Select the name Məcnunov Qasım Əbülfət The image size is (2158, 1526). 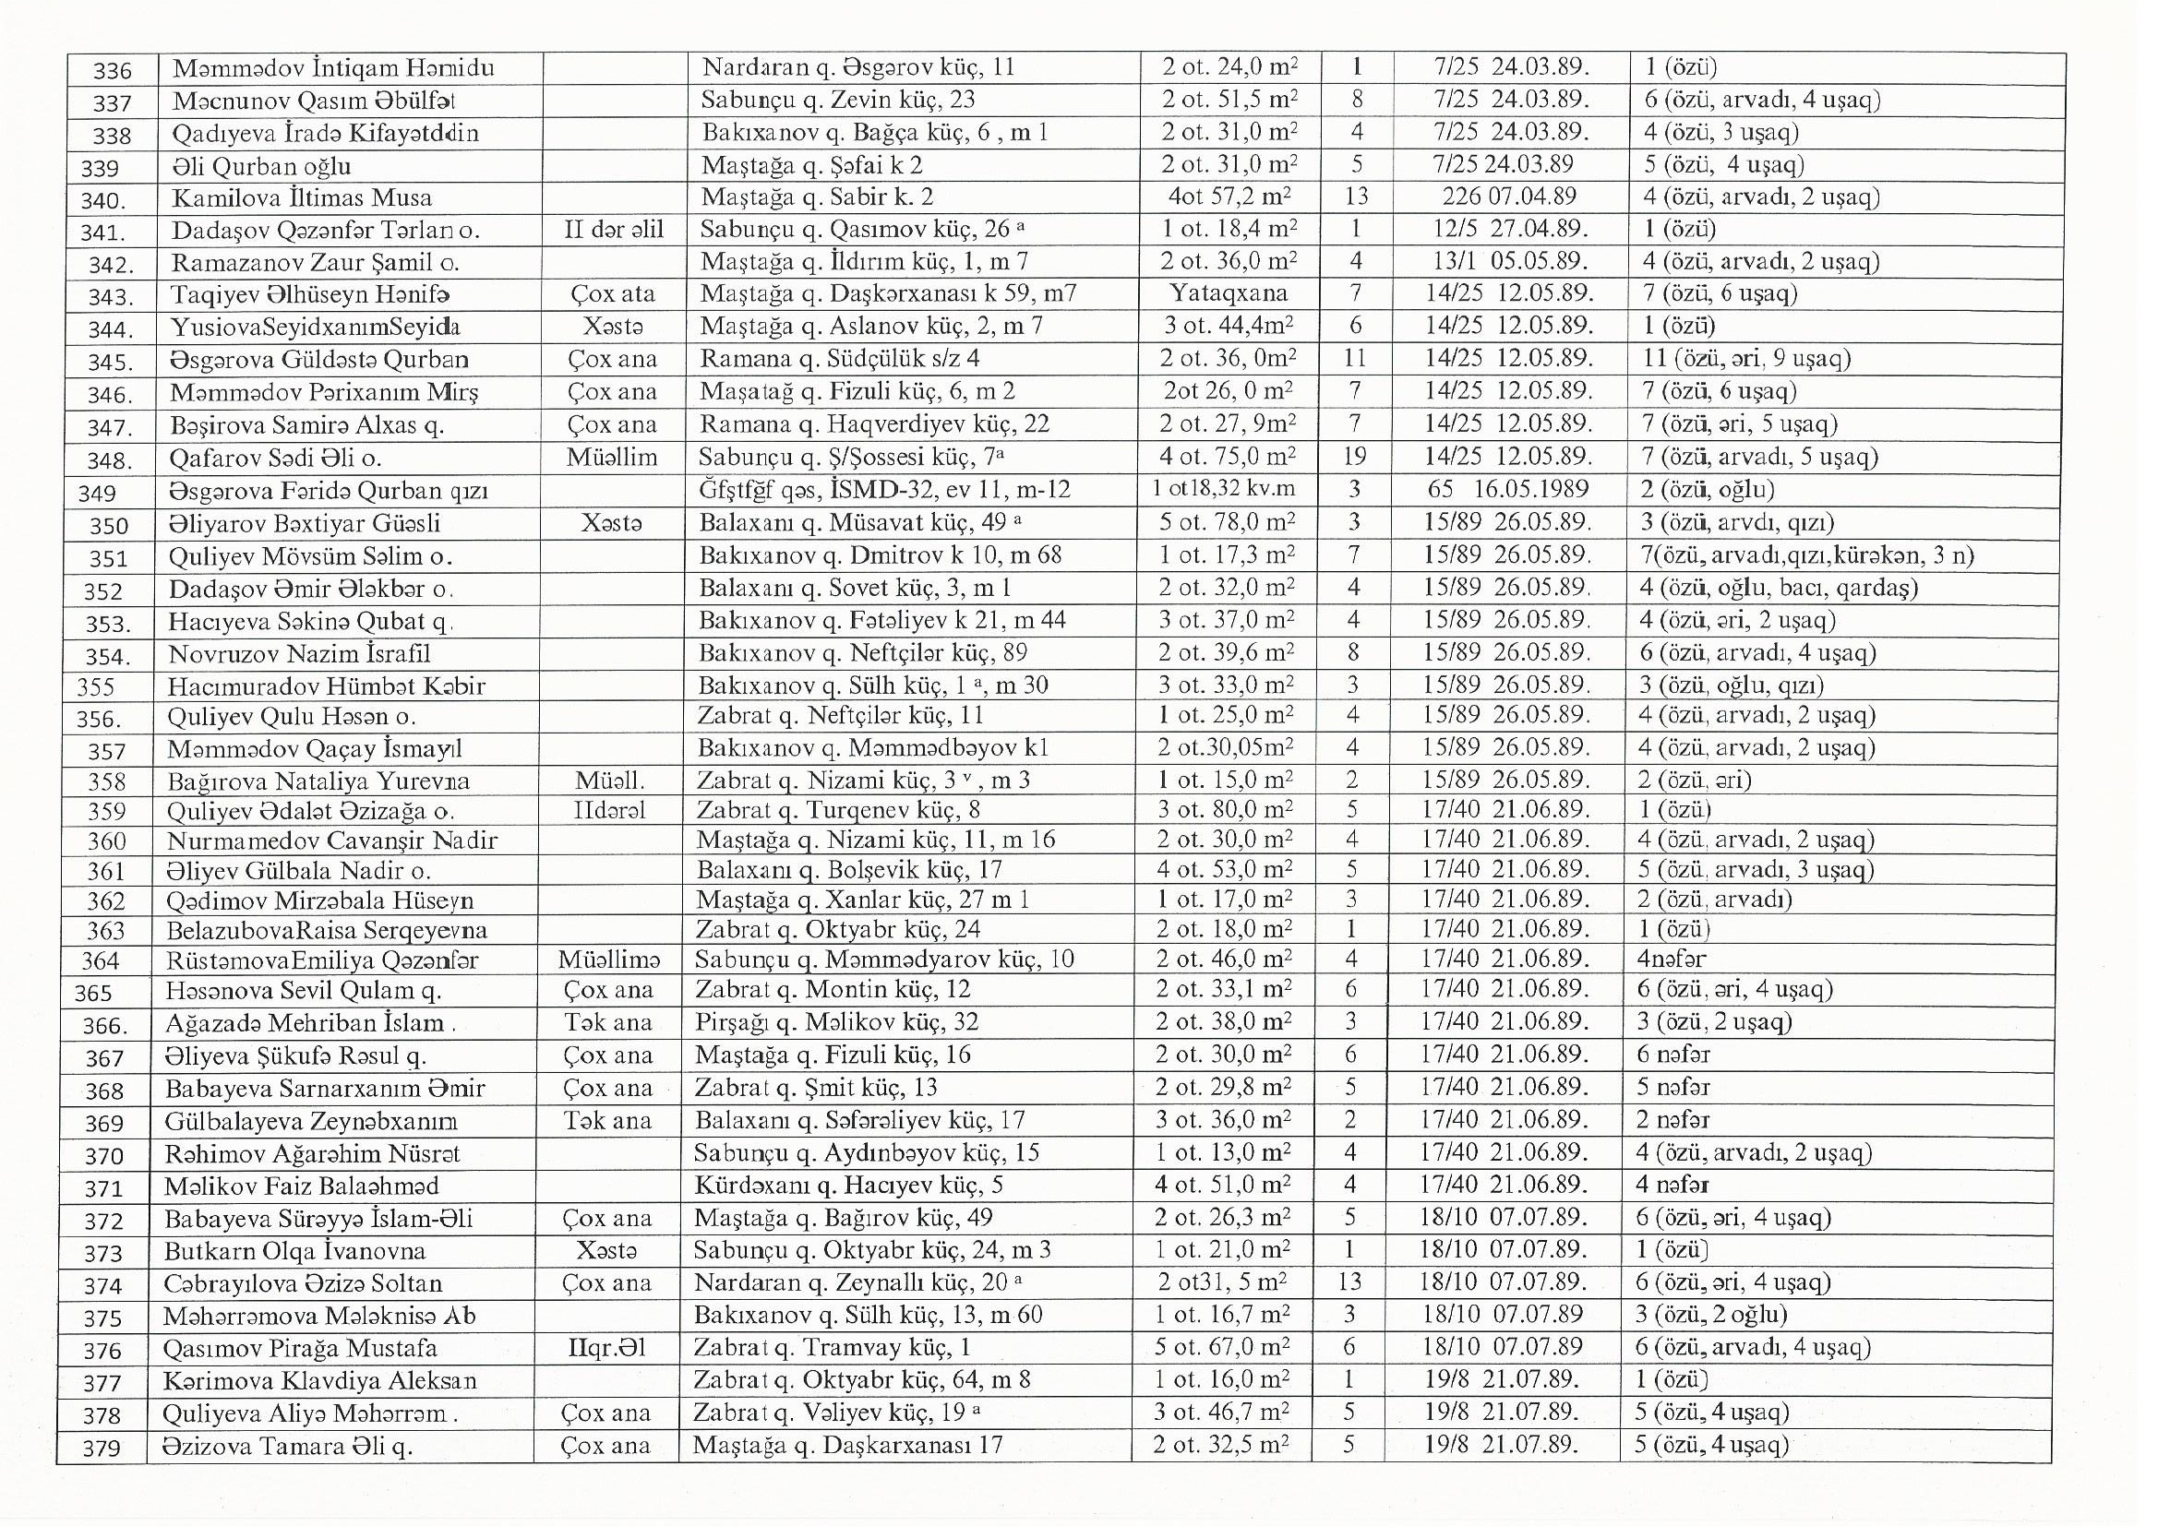[x=314, y=101]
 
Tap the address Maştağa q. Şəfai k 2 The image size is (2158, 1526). [x=812, y=165]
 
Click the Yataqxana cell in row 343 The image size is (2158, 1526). [x=1229, y=293]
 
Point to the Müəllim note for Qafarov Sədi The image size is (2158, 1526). [x=612, y=458]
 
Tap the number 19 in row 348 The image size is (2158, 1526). [x=1354, y=458]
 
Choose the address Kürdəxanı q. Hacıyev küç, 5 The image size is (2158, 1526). [x=849, y=1186]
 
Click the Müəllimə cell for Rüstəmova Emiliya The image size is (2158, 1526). [x=608, y=960]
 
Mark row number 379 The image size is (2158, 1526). [x=102, y=1449]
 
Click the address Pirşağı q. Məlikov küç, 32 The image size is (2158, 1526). [x=836, y=1022]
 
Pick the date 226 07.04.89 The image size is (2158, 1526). [x=1509, y=197]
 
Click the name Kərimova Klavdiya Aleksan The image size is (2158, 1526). [x=319, y=1381]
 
